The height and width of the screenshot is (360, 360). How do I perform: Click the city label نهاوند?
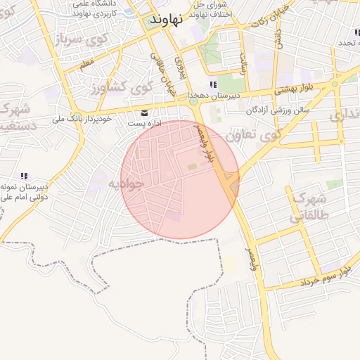point(166,20)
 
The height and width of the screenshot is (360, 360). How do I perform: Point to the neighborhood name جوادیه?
point(126,184)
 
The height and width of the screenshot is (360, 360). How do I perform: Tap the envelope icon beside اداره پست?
point(145,112)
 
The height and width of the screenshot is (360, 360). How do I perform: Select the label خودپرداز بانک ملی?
point(83,119)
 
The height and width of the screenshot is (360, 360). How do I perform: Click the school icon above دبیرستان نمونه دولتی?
point(24,176)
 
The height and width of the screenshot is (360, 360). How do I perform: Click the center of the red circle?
point(179,179)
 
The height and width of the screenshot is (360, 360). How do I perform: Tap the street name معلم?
point(86,64)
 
